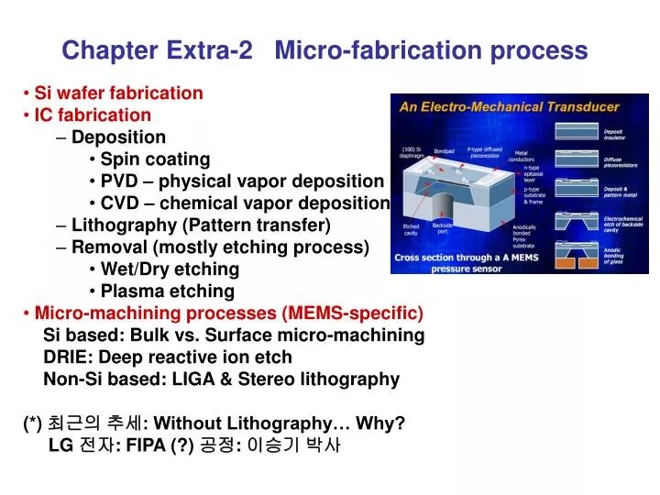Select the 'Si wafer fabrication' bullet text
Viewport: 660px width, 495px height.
(x=118, y=93)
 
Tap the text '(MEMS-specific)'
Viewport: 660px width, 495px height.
(x=353, y=313)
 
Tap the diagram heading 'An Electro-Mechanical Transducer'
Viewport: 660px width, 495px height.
(x=509, y=106)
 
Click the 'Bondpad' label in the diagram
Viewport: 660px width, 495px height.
(x=444, y=151)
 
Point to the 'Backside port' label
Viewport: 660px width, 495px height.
(x=443, y=228)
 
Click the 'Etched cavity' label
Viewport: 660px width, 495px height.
(x=412, y=230)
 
